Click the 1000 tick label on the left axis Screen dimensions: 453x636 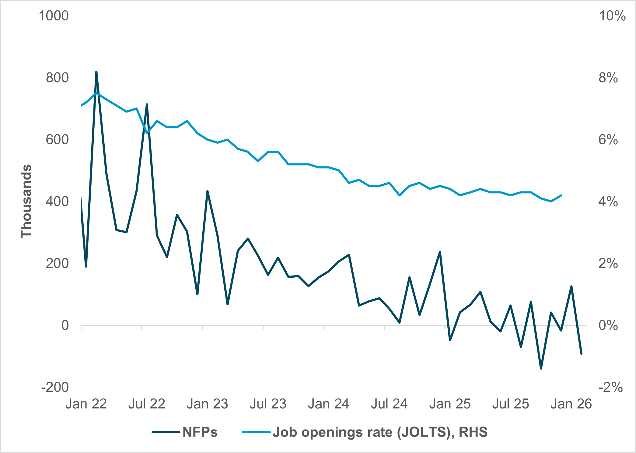[x=54, y=16]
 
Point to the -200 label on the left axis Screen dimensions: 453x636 [x=55, y=387]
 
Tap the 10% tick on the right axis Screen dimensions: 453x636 [x=612, y=16]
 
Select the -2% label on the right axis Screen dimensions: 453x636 [x=610, y=388]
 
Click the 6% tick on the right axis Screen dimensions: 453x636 [x=608, y=140]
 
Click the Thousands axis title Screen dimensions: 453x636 [x=26, y=201]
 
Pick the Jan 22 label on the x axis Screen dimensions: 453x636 [x=86, y=404]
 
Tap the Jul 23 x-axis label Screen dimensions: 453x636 [x=268, y=404]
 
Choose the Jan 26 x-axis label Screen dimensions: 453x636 [x=571, y=404]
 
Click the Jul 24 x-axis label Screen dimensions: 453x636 [x=389, y=404]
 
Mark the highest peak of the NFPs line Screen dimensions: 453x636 [x=96, y=72]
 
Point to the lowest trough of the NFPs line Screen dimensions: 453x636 [x=541, y=369]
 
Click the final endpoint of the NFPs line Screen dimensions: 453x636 [x=581, y=354]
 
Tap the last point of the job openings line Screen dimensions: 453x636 [x=561, y=195]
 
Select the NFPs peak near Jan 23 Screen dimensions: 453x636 [x=207, y=191]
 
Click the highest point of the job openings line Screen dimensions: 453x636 [x=96, y=93]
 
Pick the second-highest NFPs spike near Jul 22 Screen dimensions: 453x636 [x=147, y=104]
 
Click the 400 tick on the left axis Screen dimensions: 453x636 [x=57, y=202]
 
